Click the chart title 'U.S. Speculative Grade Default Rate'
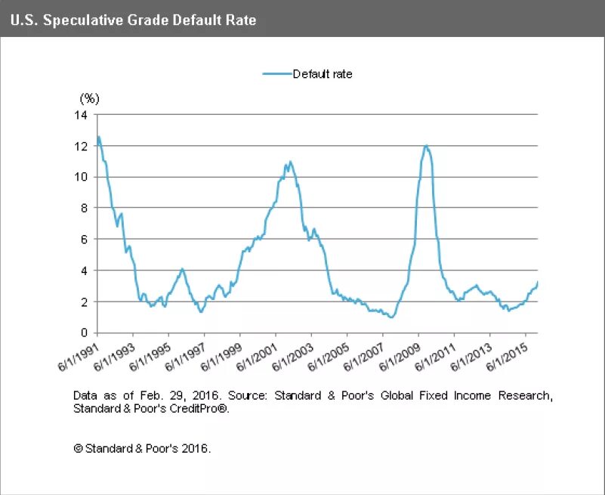[x=134, y=20]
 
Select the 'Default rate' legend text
[x=323, y=74]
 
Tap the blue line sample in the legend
[x=276, y=74]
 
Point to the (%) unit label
[x=90, y=98]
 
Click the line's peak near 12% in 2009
[x=427, y=146]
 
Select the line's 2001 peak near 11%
[x=291, y=161]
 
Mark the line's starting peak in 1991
[x=98, y=137]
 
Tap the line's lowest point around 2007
[x=390, y=317]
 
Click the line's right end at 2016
[x=537, y=282]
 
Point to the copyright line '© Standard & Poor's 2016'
[x=142, y=447]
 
